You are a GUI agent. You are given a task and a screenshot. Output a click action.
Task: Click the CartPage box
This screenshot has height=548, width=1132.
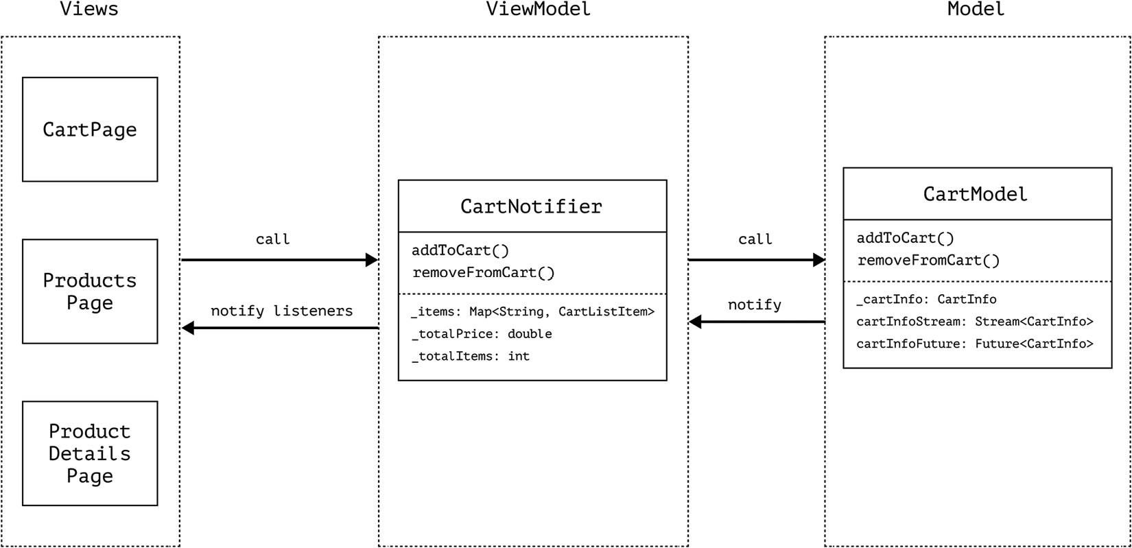coord(90,130)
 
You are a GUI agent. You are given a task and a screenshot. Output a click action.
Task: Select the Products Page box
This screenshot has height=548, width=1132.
coord(90,291)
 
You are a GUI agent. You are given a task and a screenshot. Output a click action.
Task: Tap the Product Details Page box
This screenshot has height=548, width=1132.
coord(90,453)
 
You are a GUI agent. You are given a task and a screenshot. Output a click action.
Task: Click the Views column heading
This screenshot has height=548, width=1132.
coord(89,10)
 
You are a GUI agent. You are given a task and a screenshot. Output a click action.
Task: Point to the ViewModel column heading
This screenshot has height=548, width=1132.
coord(538,10)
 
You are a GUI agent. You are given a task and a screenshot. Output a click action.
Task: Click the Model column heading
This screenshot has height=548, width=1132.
coord(976,10)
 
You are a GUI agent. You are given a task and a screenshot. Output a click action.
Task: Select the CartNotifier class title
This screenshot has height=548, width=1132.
coord(531,206)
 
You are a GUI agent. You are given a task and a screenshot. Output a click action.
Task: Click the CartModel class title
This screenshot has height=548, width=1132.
coord(976,194)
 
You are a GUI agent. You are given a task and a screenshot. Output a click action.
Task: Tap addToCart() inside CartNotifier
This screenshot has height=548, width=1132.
coord(460,250)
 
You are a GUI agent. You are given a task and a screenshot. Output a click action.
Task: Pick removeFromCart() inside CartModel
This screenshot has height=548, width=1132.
coord(928,261)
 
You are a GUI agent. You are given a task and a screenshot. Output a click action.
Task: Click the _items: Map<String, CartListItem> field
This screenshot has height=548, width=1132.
coord(532,312)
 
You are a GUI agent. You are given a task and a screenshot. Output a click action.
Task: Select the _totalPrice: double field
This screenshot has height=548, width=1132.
coord(482,334)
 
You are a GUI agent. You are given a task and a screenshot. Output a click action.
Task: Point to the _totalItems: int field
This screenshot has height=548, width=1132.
coord(471,356)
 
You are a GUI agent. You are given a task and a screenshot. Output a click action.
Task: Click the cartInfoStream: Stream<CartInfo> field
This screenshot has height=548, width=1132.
coord(975,322)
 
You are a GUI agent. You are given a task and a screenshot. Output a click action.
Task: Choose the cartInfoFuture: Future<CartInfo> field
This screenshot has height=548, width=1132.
coord(975,344)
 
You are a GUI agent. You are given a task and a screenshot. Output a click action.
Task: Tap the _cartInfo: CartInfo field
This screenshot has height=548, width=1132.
coord(926,300)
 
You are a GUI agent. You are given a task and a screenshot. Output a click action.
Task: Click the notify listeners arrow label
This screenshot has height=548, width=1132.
coord(281,311)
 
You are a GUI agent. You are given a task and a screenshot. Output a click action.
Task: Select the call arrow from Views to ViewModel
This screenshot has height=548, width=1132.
coord(279,260)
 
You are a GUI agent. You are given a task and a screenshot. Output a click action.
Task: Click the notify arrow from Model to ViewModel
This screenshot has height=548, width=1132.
coord(756,322)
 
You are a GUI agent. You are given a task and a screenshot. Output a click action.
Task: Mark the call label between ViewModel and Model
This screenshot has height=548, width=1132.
coord(755,239)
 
